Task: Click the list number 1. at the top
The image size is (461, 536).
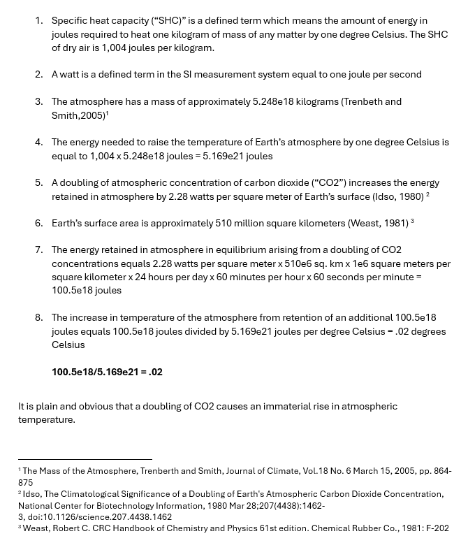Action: (39, 21)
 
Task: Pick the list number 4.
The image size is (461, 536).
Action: (39, 142)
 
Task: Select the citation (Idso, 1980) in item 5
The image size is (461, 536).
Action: (397, 196)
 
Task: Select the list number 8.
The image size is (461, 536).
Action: (39, 317)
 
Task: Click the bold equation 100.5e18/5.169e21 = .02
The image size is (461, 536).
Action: (107, 372)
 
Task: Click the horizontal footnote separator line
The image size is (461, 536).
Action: (85, 459)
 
